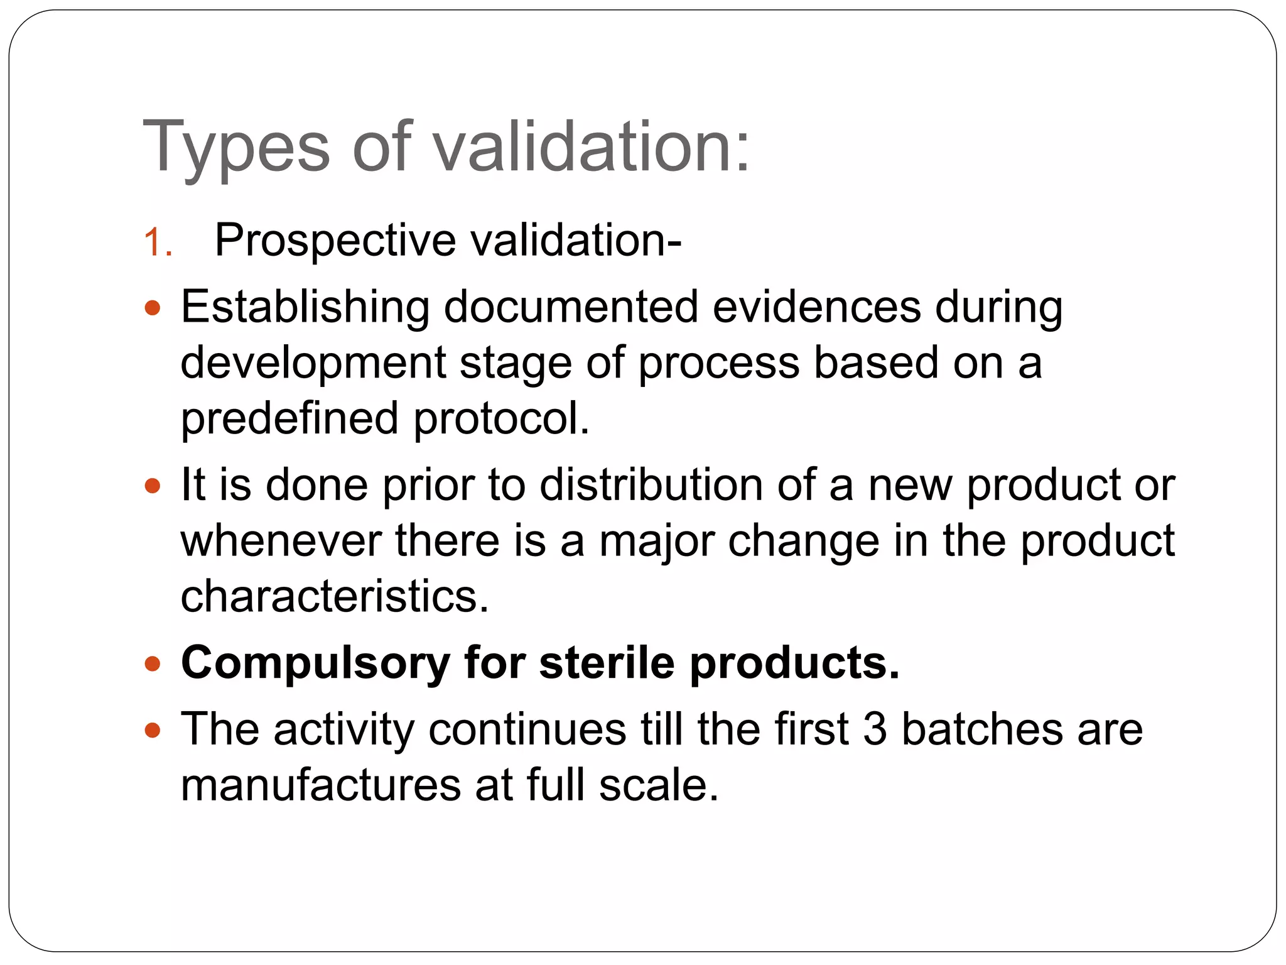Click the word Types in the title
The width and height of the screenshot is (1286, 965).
[235, 148]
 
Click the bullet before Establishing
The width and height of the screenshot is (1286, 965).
[153, 308]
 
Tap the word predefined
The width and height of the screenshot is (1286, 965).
[289, 418]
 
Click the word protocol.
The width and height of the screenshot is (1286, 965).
[501, 418]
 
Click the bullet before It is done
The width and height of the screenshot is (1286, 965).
[153, 486]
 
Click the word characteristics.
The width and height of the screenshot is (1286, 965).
[334, 596]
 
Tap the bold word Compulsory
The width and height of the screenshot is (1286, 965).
[315, 663]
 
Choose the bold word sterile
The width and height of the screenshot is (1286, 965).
[607, 662]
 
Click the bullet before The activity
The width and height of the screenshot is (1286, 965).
[153, 731]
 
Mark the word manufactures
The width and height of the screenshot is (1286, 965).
[321, 785]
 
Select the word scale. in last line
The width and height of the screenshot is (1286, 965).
[658, 785]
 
